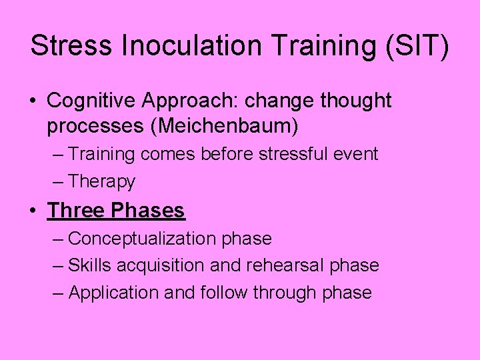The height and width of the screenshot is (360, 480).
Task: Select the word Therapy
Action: point(101,181)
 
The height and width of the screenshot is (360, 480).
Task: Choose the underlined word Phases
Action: point(148,211)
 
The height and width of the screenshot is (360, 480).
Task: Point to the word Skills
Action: point(90,265)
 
